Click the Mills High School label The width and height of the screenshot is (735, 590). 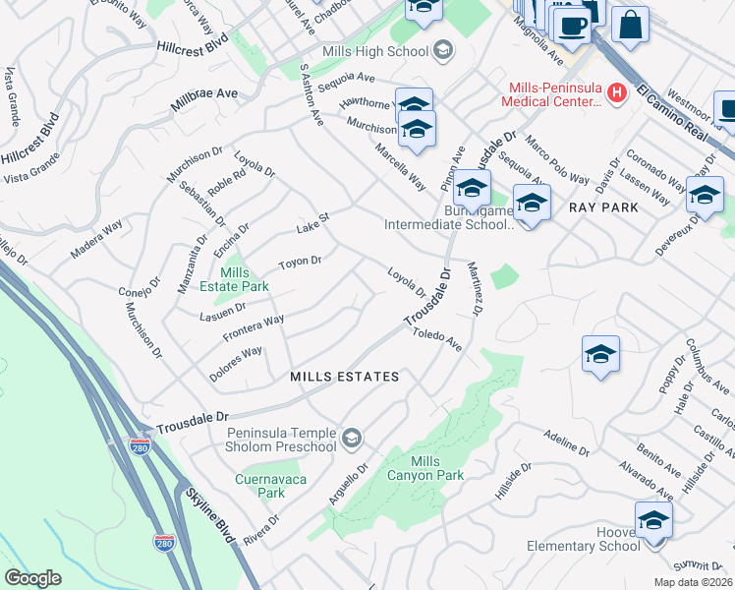click(x=375, y=51)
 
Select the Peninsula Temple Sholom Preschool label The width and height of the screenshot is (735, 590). click(x=282, y=441)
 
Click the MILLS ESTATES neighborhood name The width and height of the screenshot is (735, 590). click(x=345, y=377)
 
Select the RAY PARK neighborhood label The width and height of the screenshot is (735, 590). click(x=603, y=207)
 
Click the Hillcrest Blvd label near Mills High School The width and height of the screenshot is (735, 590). click(x=191, y=46)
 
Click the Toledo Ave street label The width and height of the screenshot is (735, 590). click(x=437, y=340)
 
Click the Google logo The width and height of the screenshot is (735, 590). click(x=32, y=578)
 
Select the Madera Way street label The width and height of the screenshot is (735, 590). click(x=96, y=238)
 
